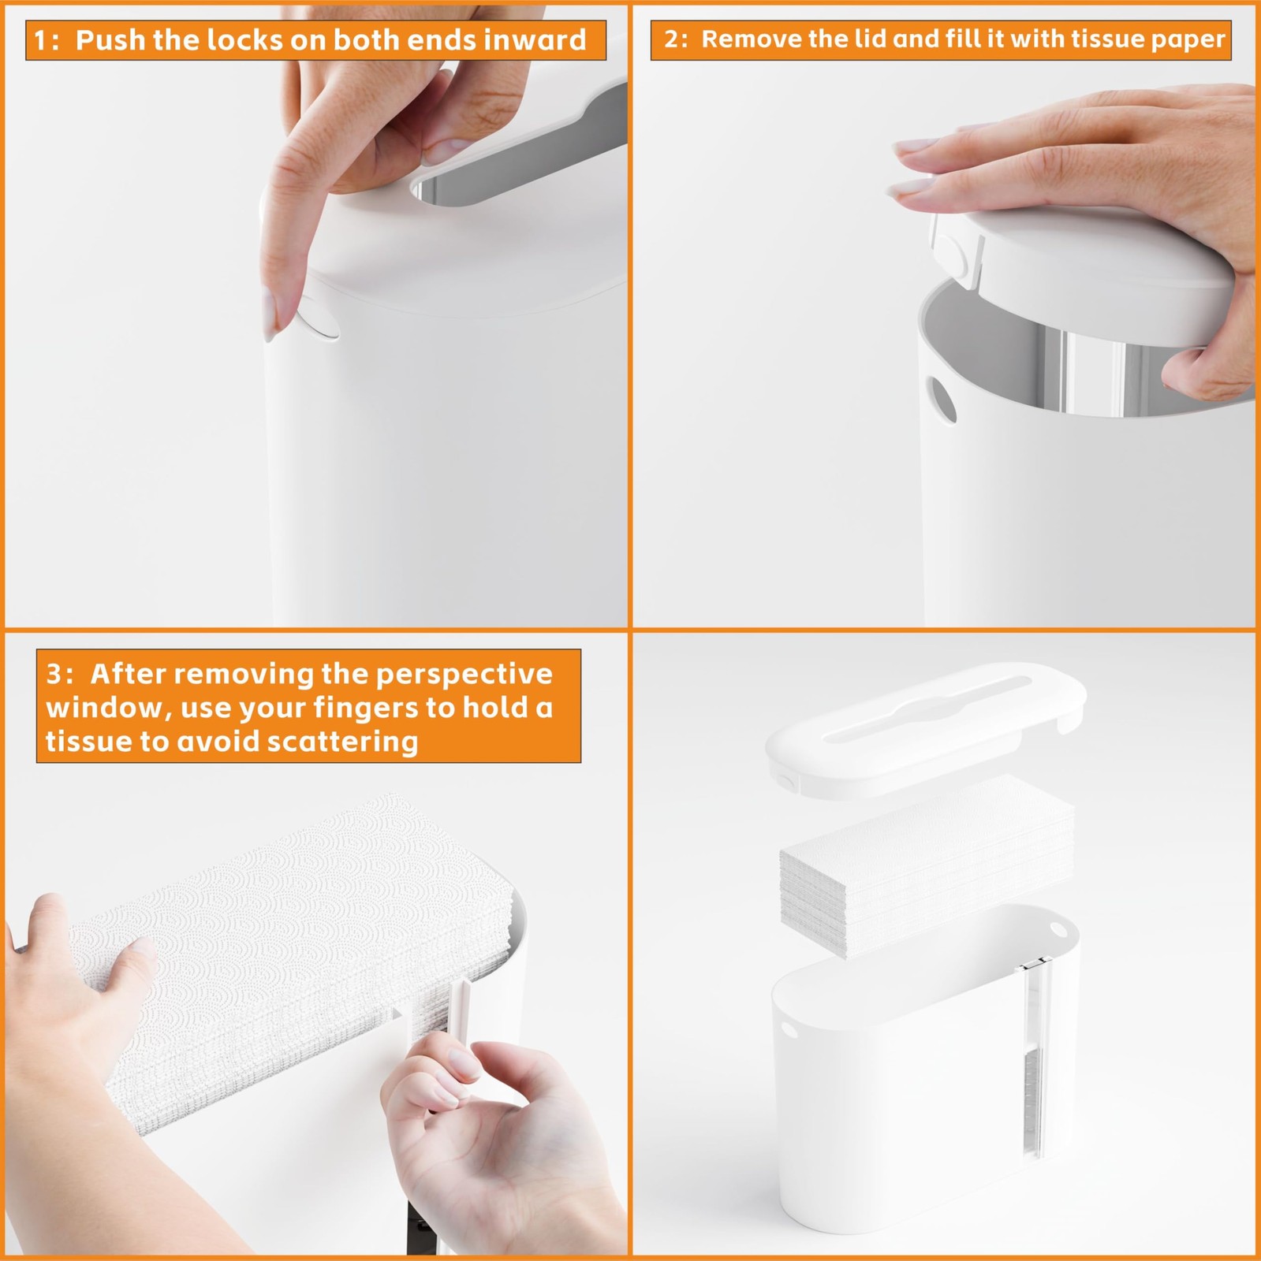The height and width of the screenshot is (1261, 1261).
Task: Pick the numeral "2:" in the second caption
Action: (676, 39)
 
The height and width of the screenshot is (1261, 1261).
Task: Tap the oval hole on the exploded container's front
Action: (789, 1030)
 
